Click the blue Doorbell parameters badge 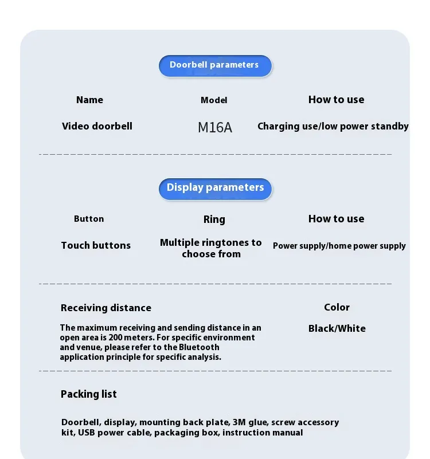214,65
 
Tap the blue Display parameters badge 215,188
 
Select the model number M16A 215,127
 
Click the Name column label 89,100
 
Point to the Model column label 214,100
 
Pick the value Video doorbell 97,126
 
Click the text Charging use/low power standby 333,126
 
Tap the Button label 89,219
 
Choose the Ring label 214,219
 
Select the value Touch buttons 96,245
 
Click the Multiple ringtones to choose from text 211,248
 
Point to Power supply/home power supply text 339,246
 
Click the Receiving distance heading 106,308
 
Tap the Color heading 337,307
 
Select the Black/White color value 337,328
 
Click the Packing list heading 88,394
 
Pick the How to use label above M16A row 336,100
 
